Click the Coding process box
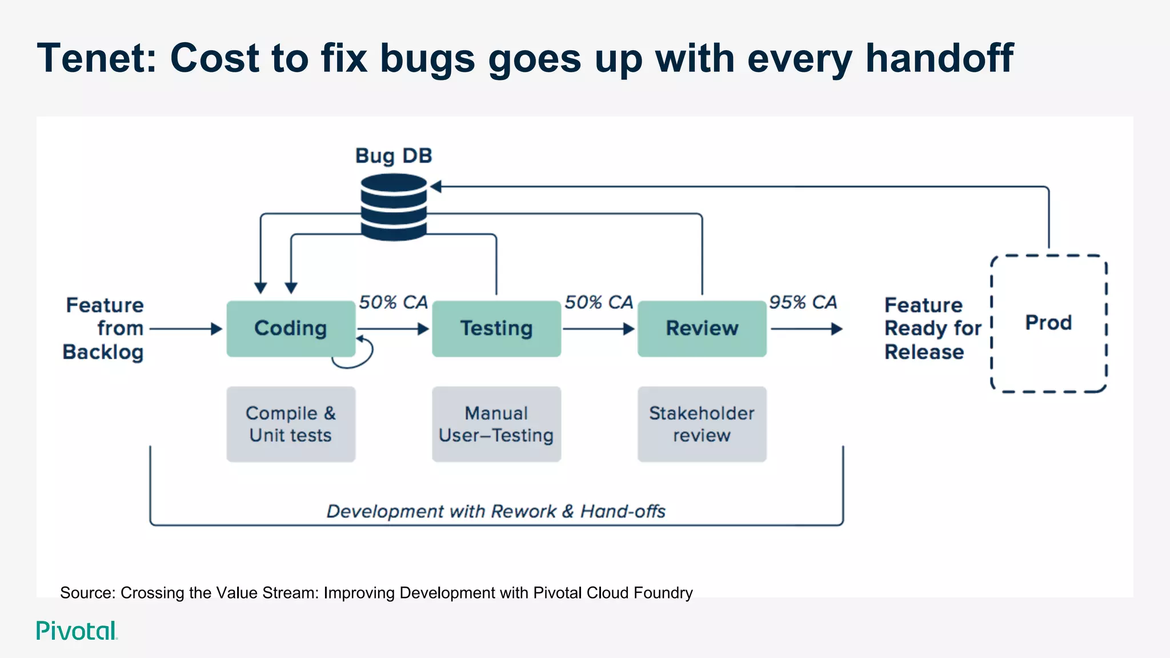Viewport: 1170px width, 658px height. tap(291, 328)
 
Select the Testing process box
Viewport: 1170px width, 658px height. tap(496, 328)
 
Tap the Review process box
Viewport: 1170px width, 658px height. tap(702, 328)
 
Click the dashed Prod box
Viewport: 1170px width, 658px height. tap(1048, 323)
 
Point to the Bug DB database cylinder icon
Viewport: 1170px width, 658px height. tap(394, 207)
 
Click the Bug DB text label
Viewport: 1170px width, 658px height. tap(394, 156)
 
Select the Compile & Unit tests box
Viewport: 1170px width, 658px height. tap(291, 424)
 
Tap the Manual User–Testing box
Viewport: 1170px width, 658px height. tap(496, 424)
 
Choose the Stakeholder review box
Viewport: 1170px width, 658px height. tap(702, 424)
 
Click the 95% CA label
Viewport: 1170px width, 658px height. tap(803, 302)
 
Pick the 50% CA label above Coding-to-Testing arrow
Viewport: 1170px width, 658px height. tap(393, 302)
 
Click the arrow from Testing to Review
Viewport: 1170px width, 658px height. tap(598, 329)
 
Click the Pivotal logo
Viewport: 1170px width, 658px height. tap(77, 631)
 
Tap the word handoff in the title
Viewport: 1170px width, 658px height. tap(939, 58)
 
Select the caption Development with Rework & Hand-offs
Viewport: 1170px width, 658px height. tap(496, 511)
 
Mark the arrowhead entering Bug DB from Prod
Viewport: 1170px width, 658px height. tap(436, 187)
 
